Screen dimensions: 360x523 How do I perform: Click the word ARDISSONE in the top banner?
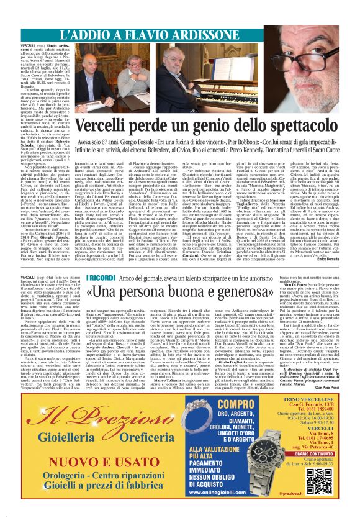coord(192,35)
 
